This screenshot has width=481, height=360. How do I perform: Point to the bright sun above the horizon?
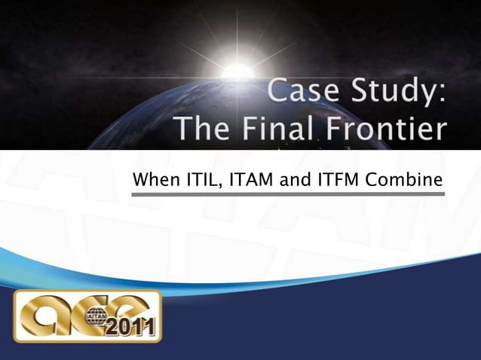(238, 72)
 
